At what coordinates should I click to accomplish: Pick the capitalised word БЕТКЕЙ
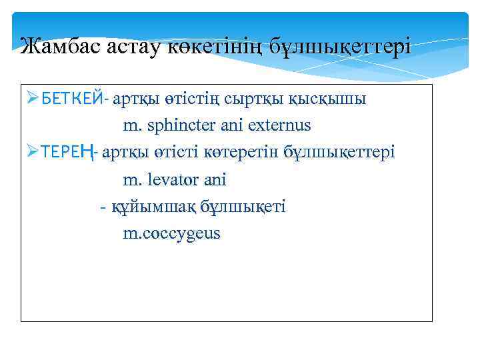pos(73,99)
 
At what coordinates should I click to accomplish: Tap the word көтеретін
pos(245,152)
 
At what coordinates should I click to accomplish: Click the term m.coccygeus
pos(171,234)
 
